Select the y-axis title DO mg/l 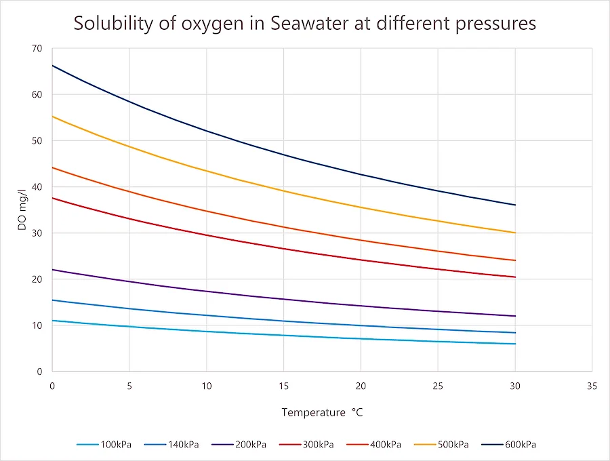22,210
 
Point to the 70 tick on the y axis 36,49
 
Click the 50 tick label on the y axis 36,141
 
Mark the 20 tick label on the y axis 36,279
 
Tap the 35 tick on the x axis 592,386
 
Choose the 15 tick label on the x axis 283,386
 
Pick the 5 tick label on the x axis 129,386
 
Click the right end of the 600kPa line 515,205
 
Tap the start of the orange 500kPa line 53,117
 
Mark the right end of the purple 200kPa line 515,316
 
